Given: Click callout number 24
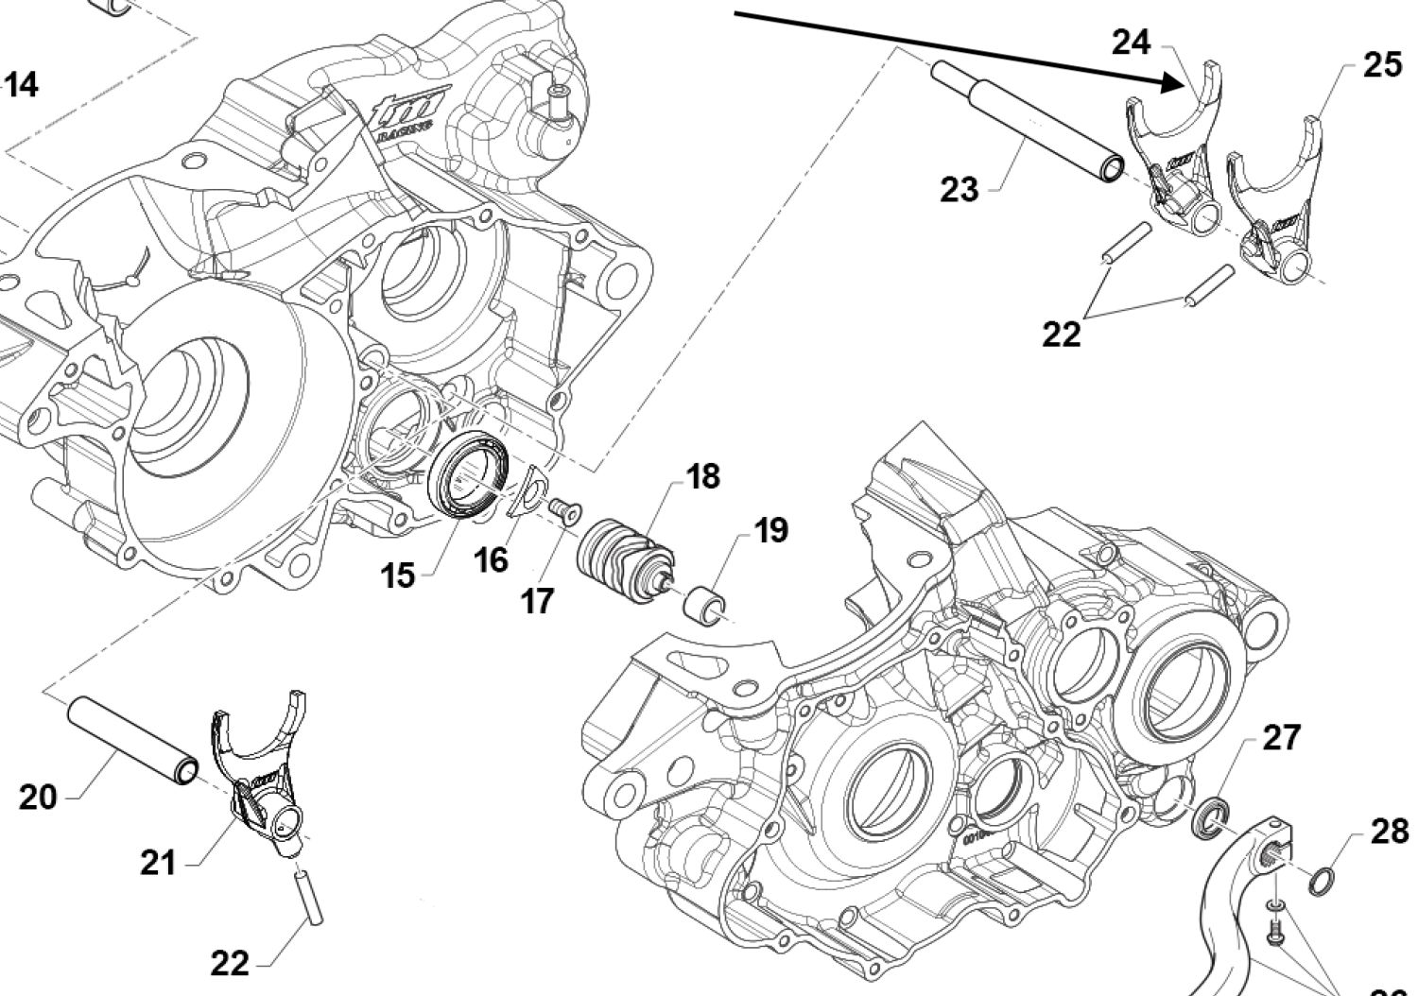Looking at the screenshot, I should click(1131, 43).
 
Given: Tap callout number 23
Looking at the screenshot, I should click(960, 189).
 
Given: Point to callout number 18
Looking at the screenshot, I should click(702, 476).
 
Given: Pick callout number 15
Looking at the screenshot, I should click(399, 574).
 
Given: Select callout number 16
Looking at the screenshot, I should click(491, 559).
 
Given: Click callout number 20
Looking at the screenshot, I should click(38, 797).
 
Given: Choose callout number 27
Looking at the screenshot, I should click(1281, 737).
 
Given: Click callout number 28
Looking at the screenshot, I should click(1389, 832).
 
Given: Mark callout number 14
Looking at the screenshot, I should click(21, 84).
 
